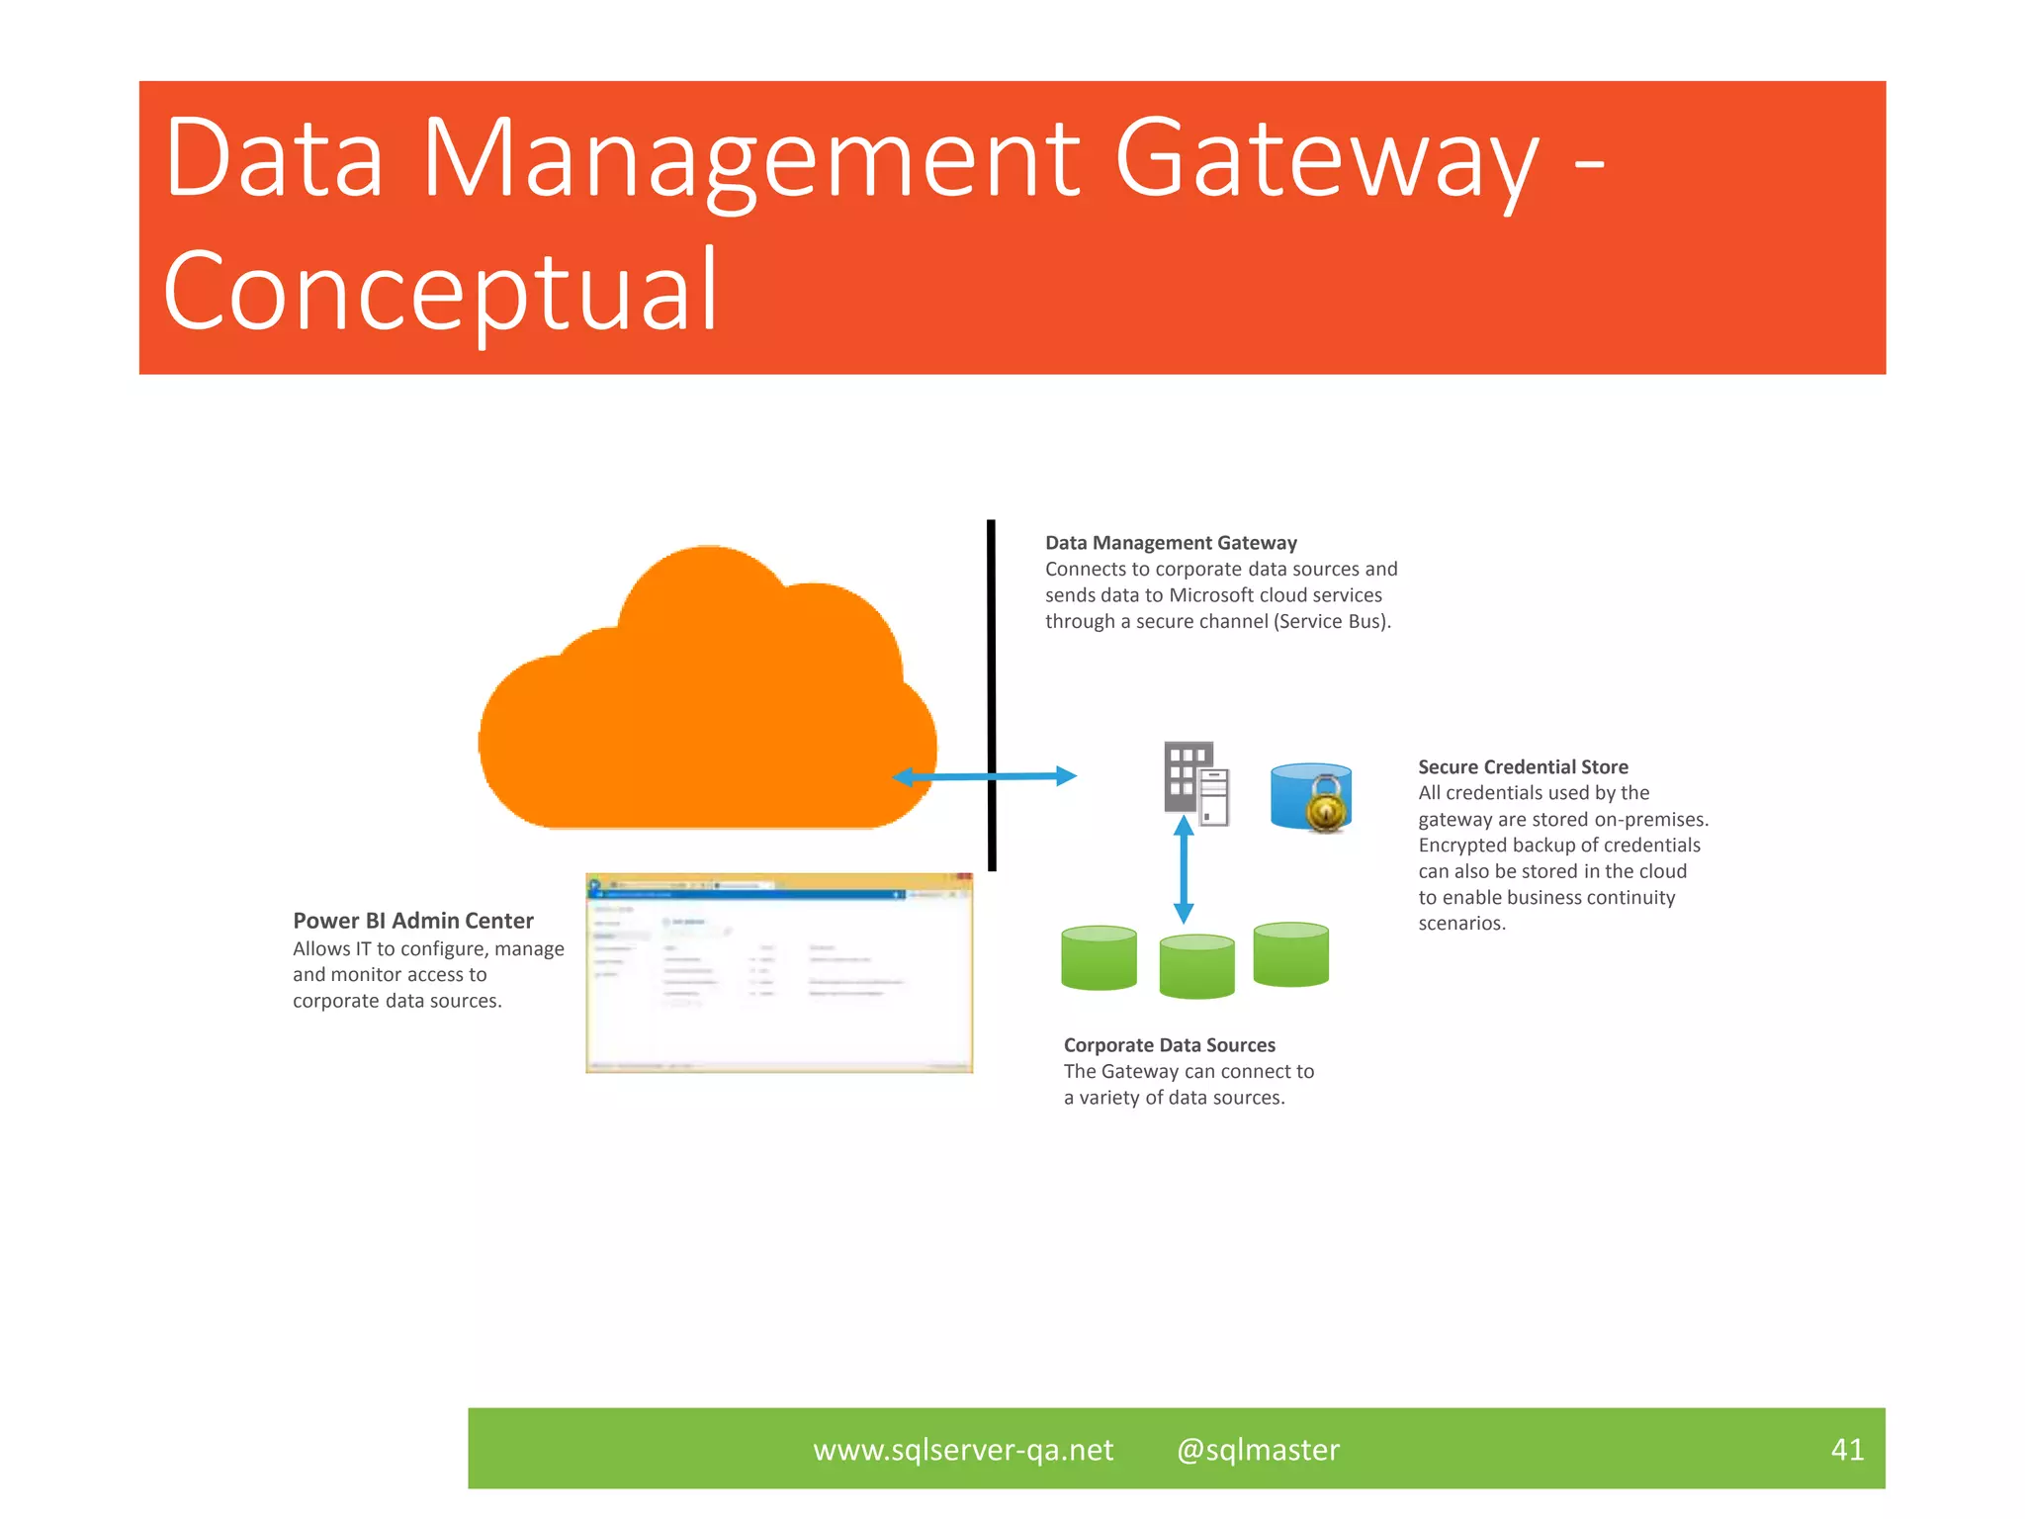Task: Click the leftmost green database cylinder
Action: pos(1099,957)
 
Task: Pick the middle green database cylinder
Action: pos(1196,966)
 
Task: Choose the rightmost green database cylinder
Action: pos(1290,954)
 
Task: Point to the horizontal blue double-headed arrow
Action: pos(984,777)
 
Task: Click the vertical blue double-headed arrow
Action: pos(1184,870)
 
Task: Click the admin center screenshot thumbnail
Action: pos(779,973)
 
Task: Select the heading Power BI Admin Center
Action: pos(413,921)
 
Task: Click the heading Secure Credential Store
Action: pos(1523,766)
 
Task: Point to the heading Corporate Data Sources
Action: pos(1169,1045)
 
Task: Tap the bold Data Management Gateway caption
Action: pos(1171,543)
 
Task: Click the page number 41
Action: pos(1847,1449)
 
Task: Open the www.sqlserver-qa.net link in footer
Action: pos(963,1450)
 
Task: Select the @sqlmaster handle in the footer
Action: pos(1258,1450)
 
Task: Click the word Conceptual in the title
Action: pos(441,291)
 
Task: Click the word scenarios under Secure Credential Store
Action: pos(1461,924)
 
